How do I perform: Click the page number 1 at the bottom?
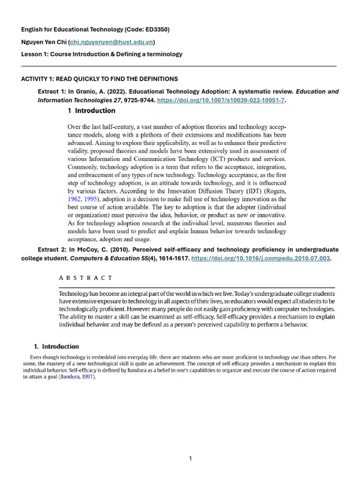(190, 458)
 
